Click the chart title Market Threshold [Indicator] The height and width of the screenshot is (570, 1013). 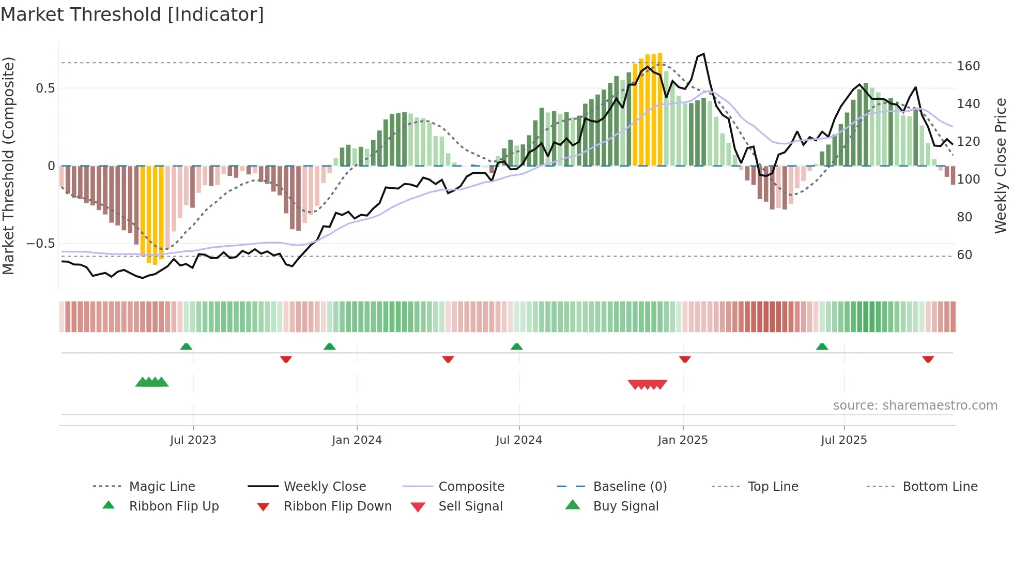pyautogui.click(x=132, y=14)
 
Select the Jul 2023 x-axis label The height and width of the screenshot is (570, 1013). pyautogui.click(x=193, y=440)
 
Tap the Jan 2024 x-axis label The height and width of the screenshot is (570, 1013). pyautogui.click(x=357, y=440)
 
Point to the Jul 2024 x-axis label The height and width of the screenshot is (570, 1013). pyautogui.click(x=519, y=440)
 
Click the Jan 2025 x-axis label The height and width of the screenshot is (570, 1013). pyautogui.click(x=683, y=440)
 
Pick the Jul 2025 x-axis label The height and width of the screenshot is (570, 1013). pyautogui.click(x=844, y=440)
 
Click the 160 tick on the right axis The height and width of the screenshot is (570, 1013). pyautogui.click(x=968, y=66)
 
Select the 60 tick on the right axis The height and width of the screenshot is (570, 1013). pyautogui.click(x=964, y=255)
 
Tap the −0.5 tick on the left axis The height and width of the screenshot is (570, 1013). pyautogui.click(x=40, y=244)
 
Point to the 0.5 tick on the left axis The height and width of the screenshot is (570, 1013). pyautogui.click(x=45, y=88)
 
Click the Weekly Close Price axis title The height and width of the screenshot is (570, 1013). pyautogui.click(x=1001, y=166)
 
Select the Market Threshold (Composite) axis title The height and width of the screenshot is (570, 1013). pyautogui.click(x=8, y=166)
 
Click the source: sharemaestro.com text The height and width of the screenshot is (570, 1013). pyautogui.click(x=915, y=406)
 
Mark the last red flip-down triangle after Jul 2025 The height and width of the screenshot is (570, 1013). pyautogui.click(x=928, y=359)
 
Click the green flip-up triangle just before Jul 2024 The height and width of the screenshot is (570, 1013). pyautogui.click(x=516, y=347)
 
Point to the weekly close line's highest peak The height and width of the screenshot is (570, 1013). pyautogui.click(x=703, y=54)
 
